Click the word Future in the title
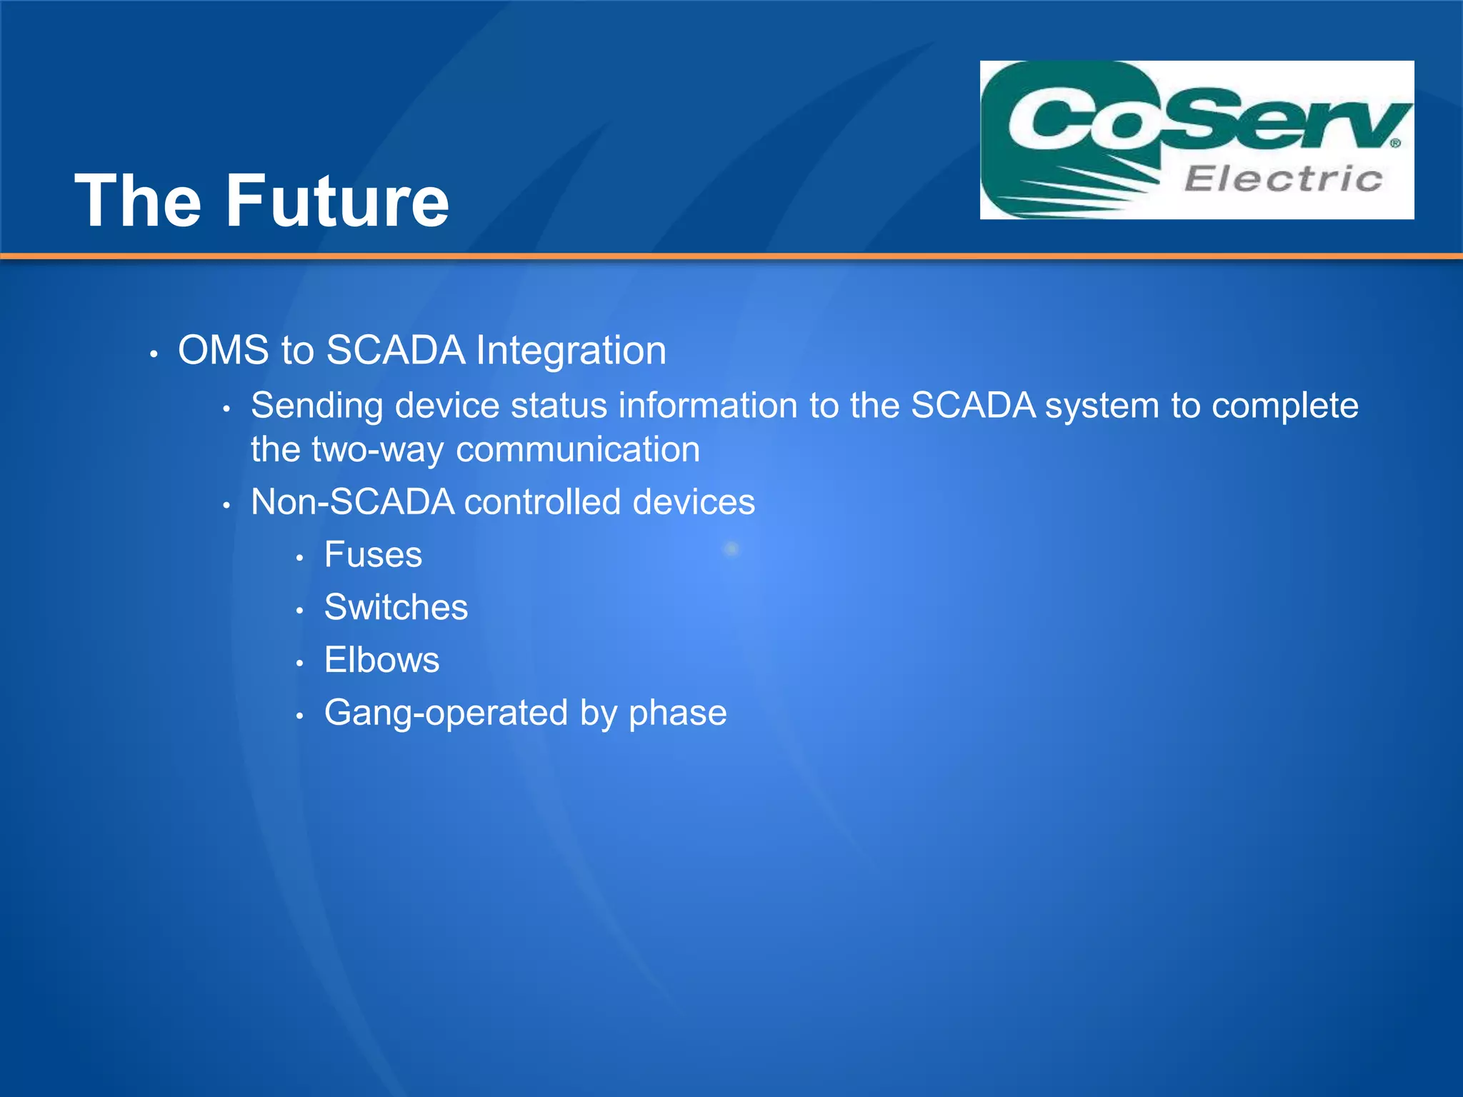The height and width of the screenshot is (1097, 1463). (337, 202)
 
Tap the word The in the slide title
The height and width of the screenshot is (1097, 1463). (138, 202)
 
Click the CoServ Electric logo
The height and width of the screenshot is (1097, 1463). (1197, 140)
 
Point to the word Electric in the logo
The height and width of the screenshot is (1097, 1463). (1283, 179)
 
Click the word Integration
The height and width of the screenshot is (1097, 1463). (571, 351)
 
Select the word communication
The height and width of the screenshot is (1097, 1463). (578, 450)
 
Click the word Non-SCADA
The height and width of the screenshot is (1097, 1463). (353, 502)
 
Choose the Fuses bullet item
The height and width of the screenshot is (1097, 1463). (373, 555)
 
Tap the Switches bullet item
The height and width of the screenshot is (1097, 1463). (396, 608)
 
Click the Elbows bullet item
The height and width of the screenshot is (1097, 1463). (381, 660)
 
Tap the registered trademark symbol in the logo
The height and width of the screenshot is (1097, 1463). (1395, 144)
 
